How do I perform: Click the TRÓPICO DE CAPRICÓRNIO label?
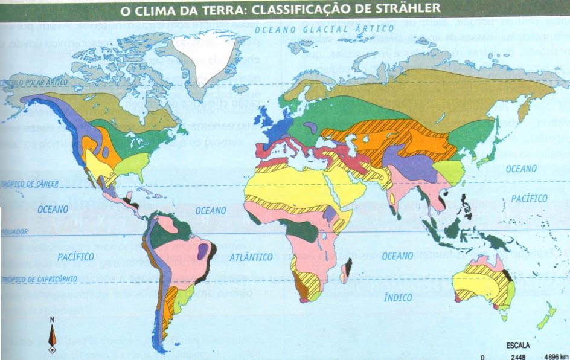coord(36,279)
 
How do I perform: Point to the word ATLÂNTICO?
coord(251,257)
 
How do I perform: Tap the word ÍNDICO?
coord(398,297)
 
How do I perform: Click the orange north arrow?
coord(53,336)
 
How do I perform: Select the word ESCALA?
coord(517,346)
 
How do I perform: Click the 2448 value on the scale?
coord(518,355)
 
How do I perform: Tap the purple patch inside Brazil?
coord(202,251)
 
